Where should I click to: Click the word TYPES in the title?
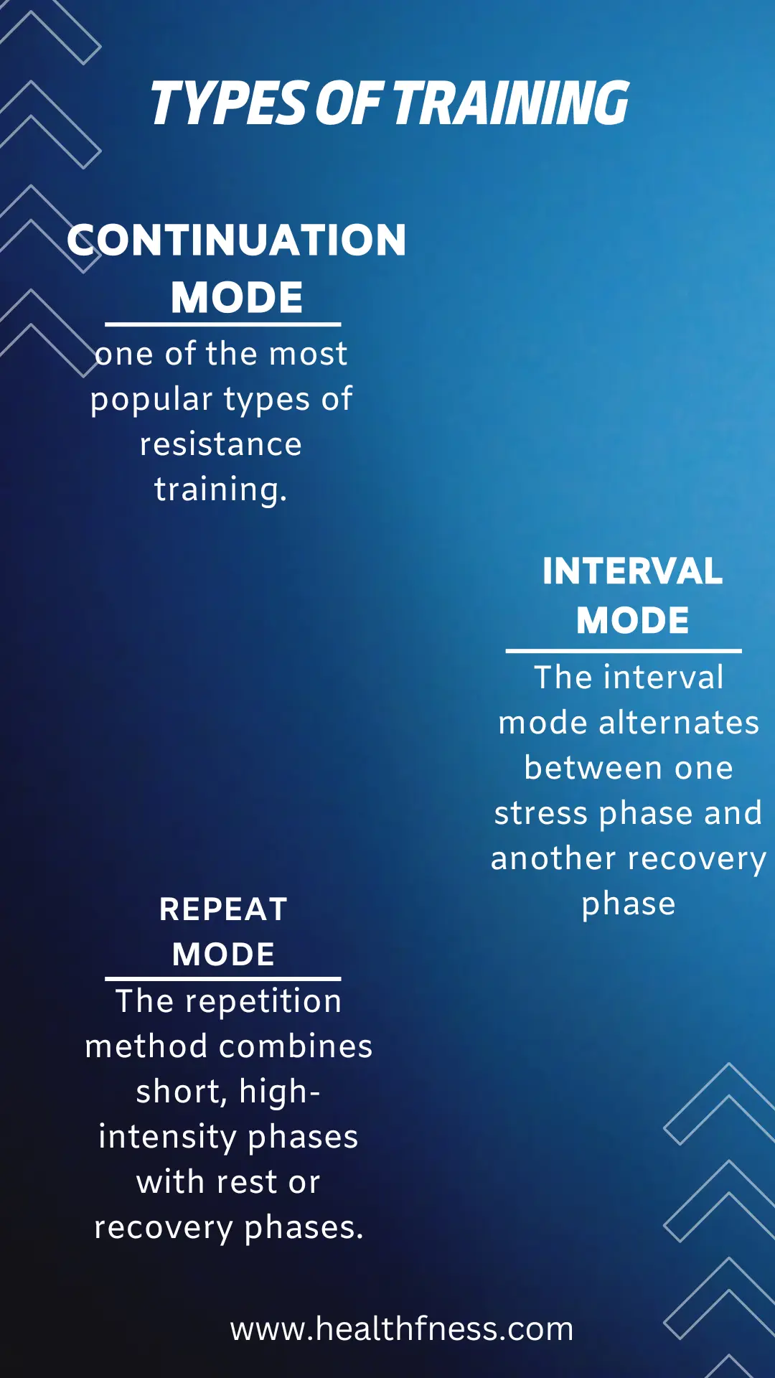(x=229, y=103)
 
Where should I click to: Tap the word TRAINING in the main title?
(x=511, y=103)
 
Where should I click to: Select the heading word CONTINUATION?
(x=237, y=240)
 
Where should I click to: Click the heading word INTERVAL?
(x=632, y=571)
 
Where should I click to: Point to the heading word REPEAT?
(x=223, y=909)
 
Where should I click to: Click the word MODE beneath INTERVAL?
(x=632, y=620)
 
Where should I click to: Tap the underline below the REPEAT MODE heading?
(x=223, y=978)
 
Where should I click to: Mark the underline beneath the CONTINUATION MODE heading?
(x=223, y=324)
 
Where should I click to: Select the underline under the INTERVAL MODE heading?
(x=624, y=650)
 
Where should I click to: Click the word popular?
(x=152, y=400)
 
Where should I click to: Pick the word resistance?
(x=221, y=444)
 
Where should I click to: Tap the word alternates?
(x=679, y=723)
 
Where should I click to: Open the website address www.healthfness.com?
(x=402, y=1329)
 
